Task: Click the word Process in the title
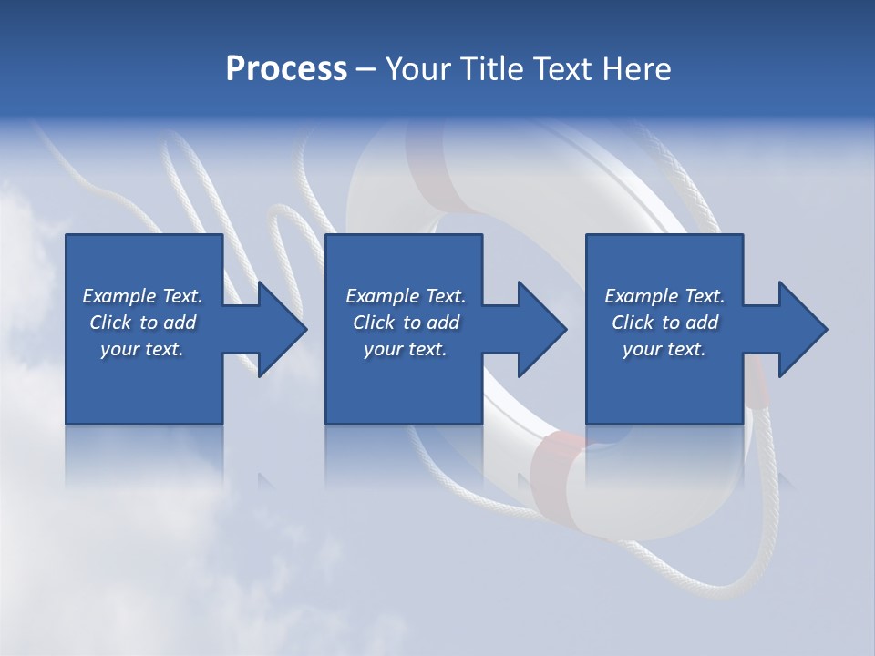point(286,69)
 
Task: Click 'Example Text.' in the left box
point(142,296)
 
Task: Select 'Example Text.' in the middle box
point(406,296)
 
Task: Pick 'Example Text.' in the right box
point(664,296)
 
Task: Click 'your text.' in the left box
point(142,349)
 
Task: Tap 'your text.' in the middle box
point(406,349)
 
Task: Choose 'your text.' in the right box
point(664,349)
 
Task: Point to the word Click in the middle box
point(374,323)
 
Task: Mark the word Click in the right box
point(633,323)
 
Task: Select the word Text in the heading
point(560,69)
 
